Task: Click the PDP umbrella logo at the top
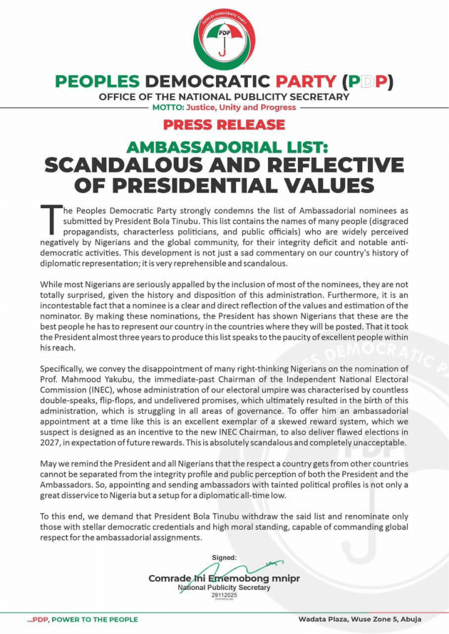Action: (224, 36)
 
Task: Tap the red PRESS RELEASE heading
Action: (224, 124)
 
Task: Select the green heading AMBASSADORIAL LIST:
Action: (224, 147)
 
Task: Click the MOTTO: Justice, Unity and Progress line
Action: (224, 107)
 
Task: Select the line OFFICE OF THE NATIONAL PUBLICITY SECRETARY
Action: (224, 97)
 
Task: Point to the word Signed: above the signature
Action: (224, 558)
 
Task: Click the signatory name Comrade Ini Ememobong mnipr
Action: (216, 578)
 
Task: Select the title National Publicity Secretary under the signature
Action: (224, 588)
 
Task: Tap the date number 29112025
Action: (224, 595)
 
